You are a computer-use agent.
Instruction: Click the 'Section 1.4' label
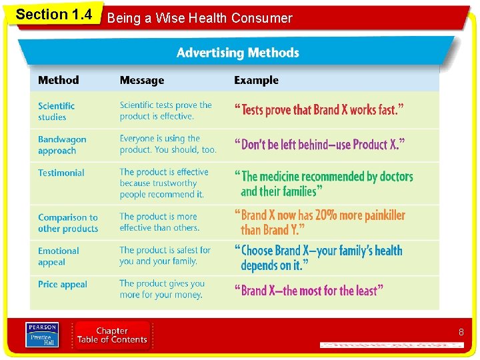point(53,15)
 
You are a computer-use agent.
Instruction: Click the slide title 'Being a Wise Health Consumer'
point(199,18)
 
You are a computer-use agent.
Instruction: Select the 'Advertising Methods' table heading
point(237,53)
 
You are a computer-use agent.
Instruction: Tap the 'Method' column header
point(58,81)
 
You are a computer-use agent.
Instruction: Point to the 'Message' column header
point(141,81)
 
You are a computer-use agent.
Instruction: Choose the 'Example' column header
point(256,81)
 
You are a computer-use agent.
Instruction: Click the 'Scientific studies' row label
point(56,111)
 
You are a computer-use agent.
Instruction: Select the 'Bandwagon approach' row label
point(62,145)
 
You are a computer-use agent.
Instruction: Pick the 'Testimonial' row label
point(61,173)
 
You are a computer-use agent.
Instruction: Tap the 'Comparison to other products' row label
point(67,223)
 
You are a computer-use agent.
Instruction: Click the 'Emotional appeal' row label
point(58,257)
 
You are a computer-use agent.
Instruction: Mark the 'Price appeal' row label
point(62,285)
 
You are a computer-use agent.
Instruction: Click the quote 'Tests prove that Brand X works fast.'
point(319,110)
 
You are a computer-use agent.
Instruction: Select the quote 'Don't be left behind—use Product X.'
point(319,144)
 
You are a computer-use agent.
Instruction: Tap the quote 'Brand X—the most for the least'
point(309,291)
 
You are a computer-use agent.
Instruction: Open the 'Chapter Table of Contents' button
point(112,335)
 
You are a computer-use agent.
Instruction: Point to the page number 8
point(461,332)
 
